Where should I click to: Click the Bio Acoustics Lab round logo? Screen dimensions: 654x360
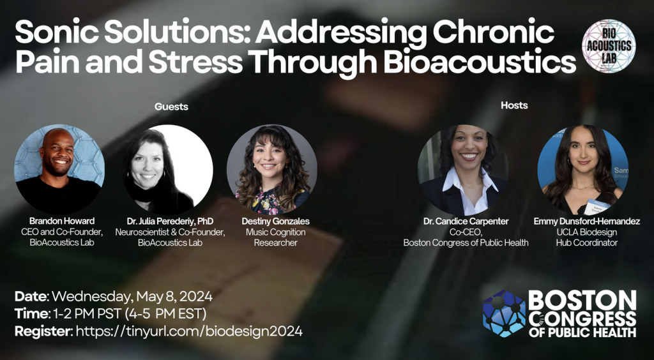pyautogui.click(x=609, y=46)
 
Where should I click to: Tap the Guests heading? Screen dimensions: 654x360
pyautogui.click(x=171, y=107)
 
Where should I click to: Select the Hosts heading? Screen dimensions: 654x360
pyautogui.click(x=514, y=105)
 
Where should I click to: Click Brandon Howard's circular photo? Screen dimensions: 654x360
pyautogui.click(x=59, y=169)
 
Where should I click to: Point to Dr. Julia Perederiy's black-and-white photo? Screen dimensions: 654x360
pyautogui.click(x=168, y=170)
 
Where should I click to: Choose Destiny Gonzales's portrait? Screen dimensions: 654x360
pyautogui.click(x=271, y=170)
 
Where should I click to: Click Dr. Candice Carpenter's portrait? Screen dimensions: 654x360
pyautogui.click(x=462, y=170)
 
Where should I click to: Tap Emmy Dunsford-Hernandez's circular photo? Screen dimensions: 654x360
pyautogui.click(x=582, y=170)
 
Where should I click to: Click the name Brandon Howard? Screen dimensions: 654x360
pyautogui.click(x=62, y=221)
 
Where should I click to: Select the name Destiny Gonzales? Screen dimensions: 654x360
pyautogui.click(x=276, y=221)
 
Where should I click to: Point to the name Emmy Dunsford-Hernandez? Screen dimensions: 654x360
pyautogui.click(x=586, y=221)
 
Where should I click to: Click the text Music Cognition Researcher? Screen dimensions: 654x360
pyautogui.click(x=276, y=237)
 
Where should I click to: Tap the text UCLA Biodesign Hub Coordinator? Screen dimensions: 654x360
pyautogui.click(x=586, y=237)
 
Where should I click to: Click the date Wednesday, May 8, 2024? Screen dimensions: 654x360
pyautogui.click(x=132, y=297)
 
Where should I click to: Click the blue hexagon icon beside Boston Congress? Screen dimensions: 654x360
pyautogui.click(x=504, y=313)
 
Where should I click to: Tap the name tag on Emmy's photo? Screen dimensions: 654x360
pyautogui.click(x=597, y=206)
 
